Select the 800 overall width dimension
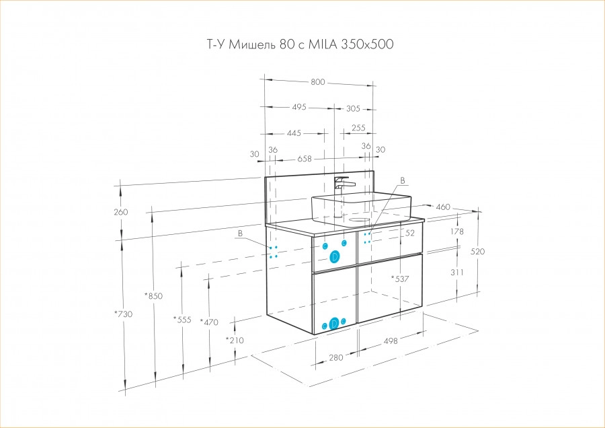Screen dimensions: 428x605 click(318, 82)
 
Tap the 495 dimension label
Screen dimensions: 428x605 click(299, 107)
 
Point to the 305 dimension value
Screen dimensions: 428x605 click(354, 108)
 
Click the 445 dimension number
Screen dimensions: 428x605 click(294, 133)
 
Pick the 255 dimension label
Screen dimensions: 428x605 click(358, 128)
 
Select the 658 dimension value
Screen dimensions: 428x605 click(305, 159)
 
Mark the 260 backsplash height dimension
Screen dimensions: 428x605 click(121, 212)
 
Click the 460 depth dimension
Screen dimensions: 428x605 click(443, 206)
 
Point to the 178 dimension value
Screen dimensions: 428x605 click(456, 231)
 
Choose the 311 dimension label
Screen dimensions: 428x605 click(457, 273)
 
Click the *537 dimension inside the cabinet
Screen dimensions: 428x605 click(401, 278)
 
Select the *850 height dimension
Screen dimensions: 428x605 click(154, 295)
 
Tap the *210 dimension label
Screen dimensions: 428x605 click(235, 340)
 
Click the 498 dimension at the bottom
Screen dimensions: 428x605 click(391, 341)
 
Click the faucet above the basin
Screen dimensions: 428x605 click(344, 184)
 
